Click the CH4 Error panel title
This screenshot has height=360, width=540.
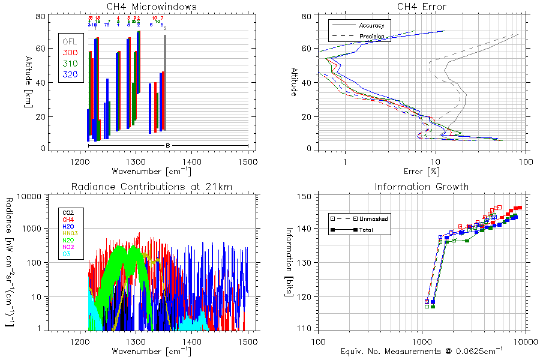(422, 7)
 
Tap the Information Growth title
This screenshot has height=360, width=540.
(422, 187)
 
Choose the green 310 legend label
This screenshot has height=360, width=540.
(70, 64)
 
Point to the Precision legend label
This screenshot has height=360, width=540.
(371, 37)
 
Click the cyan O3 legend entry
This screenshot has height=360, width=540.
(67, 254)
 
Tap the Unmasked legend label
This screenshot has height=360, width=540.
(374, 219)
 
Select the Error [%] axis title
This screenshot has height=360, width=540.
(422, 172)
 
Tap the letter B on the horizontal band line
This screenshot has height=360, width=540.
(168, 145)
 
